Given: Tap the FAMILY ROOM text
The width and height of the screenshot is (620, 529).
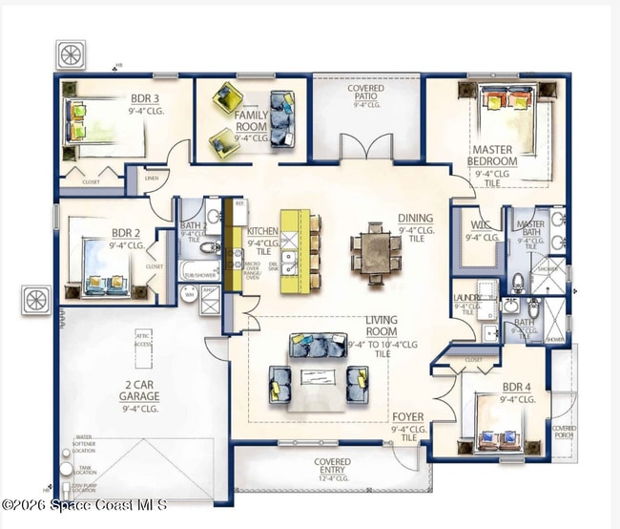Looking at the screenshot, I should click(251, 120).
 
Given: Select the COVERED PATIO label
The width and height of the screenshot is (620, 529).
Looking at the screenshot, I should click(366, 93).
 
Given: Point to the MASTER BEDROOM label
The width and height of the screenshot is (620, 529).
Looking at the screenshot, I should click(492, 156).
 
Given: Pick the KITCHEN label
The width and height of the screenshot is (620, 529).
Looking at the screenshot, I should click(262, 231).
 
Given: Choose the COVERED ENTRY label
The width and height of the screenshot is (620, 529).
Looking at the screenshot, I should click(333, 462).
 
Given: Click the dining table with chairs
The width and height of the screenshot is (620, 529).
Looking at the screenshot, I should click(375, 252).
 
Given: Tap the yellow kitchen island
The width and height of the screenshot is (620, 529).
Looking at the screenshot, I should click(295, 250).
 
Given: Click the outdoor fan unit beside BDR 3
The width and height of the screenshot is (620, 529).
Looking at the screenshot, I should click(72, 54).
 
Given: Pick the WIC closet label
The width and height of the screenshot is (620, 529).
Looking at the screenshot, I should click(479, 225).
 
